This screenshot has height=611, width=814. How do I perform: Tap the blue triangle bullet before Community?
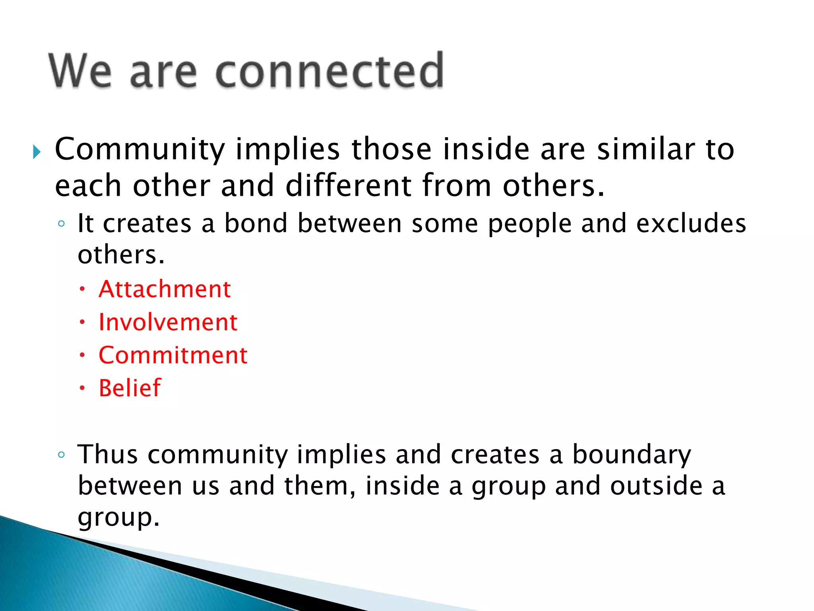[x=37, y=152]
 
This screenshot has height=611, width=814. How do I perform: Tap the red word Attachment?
[x=165, y=289]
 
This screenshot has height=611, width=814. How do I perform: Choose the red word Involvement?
[x=168, y=322]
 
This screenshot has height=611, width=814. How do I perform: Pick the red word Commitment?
[x=173, y=355]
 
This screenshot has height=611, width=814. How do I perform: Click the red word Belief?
[x=130, y=388]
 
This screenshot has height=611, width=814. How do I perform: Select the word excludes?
[x=691, y=223]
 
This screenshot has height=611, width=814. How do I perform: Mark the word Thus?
[x=107, y=454]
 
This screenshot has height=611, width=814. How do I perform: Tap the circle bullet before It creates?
[x=61, y=224]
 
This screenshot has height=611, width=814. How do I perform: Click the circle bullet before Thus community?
[x=61, y=455]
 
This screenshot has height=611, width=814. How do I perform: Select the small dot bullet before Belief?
[x=82, y=388]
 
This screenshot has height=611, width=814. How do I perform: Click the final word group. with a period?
[x=118, y=518]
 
